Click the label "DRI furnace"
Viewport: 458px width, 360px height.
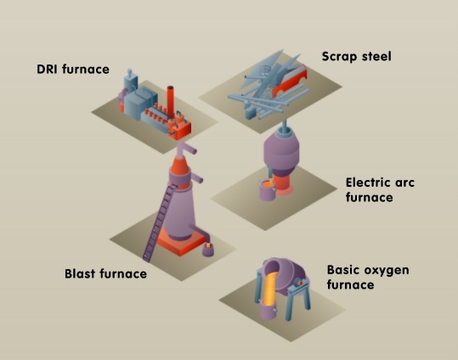click(x=73, y=70)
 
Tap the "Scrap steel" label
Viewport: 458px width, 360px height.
click(x=356, y=56)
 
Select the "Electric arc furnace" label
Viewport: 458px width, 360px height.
click(x=380, y=190)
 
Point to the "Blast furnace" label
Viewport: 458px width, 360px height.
click(x=105, y=274)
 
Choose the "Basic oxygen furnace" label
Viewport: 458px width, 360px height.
click(x=368, y=277)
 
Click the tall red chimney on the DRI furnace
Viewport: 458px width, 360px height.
click(x=171, y=101)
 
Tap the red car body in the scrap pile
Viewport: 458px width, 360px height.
click(x=289, y=81)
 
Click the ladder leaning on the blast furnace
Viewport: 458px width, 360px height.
click(x=160, y=222)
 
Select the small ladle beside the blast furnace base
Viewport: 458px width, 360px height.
click(x=207, y=250)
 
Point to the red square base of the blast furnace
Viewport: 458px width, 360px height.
click(x=181, y=243)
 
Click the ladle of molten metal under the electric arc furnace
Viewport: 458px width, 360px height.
click(x=268, y=190)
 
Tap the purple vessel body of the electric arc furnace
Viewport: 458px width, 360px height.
click(x=281, y=153)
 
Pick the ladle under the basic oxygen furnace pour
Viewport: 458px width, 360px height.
click(x=269, y=311)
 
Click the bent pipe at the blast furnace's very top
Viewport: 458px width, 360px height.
click(x=186, y=149)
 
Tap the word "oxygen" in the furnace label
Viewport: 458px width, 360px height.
click(x=384, y=270)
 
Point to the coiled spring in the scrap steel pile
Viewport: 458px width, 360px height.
click(x=265, y=70)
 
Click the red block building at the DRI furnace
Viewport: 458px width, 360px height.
click(x=179, y=128)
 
